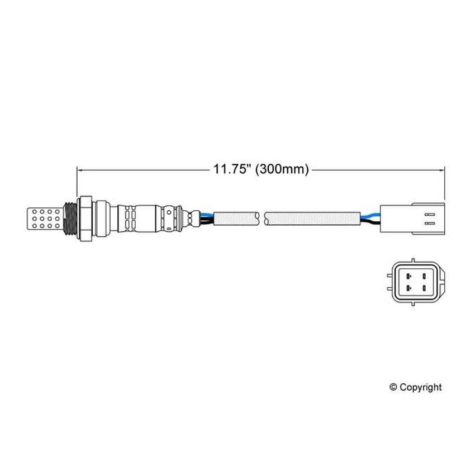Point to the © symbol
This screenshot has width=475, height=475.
pos(393,387)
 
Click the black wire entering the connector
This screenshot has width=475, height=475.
pos(368,222)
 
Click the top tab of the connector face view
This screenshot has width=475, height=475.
pos(412,260)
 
